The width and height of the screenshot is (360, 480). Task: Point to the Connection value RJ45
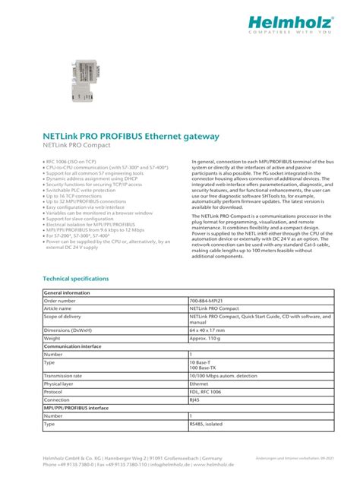194,400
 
